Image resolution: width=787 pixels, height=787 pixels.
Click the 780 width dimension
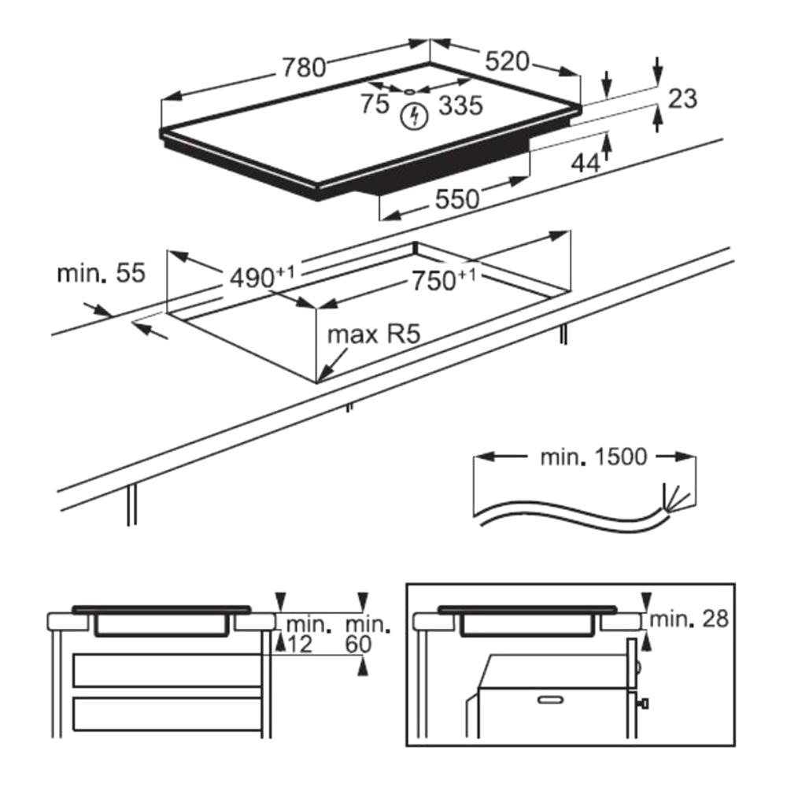304,68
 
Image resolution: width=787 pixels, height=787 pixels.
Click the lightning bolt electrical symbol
413,117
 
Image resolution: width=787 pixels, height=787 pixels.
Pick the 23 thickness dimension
682,98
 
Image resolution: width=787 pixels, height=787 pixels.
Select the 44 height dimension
585,163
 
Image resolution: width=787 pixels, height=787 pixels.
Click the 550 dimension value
456,199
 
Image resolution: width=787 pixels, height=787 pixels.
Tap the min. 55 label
101,273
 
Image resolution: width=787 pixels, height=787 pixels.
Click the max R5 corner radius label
375,334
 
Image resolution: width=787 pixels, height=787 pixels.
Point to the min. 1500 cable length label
593,456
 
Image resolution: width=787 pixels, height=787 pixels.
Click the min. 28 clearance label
689,619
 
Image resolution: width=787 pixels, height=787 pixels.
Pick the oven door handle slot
550,697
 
